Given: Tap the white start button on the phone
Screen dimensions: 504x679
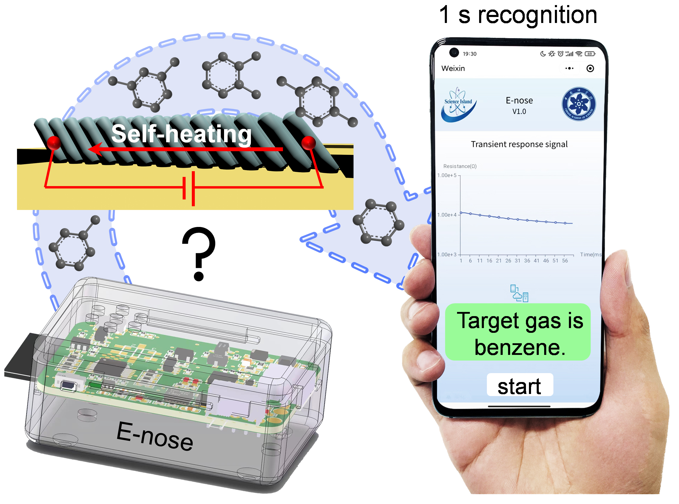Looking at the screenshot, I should (x=519, y=385).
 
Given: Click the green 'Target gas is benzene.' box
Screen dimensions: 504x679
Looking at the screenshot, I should (x=518, y=332).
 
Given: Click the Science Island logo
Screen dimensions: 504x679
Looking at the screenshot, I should (x=458, y=104).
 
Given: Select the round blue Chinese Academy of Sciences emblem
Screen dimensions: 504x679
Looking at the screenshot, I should (x=578, y=104).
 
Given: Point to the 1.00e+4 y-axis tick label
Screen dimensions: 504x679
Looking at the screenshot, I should (x=447, y=215).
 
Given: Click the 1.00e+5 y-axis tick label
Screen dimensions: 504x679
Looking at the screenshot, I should (x=447, y=175).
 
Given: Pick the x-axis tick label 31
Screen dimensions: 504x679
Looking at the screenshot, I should (x=517, y=261).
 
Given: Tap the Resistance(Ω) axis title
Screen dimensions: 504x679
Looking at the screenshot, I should (x=460, y=166).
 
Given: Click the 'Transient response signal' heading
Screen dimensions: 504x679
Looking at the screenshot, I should (x=519, y=144).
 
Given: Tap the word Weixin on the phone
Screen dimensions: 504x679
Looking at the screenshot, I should (x=453, y=68).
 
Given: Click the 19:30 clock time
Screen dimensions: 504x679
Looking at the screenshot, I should (x=469, y=54).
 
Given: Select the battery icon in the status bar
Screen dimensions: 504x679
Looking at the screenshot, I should (x=590, y=54).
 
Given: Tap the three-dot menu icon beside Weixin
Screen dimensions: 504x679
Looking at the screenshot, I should (x=569, y=68).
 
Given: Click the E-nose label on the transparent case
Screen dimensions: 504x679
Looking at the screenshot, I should (x=155, y=436).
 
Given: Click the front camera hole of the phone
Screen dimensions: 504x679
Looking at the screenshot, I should (x=454, y=52).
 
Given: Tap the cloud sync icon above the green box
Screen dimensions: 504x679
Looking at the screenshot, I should (x=519, y=293).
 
